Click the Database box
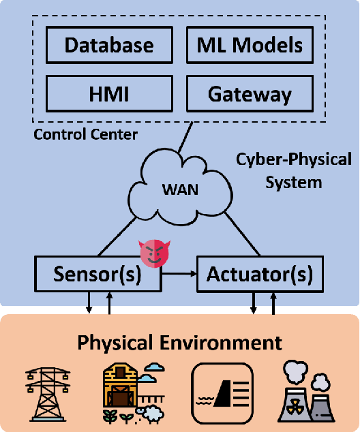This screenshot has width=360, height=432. pos(109,46)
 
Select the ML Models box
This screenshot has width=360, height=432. pos(250,46)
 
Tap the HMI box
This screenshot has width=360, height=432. pos(109,93)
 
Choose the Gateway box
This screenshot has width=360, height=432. pos(250,93)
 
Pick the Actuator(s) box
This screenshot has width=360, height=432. pos(260,274)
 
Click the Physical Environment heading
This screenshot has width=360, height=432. pos(179,341)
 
